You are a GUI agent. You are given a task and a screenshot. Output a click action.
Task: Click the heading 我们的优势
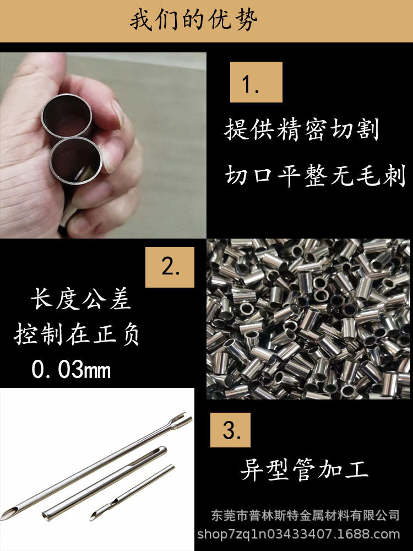point(194,21)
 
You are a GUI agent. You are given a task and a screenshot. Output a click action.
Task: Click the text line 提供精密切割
point(302,131)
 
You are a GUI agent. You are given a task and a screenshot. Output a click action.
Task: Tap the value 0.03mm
point(71,370)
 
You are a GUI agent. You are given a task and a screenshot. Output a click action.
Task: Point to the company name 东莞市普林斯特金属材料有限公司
point(306,516)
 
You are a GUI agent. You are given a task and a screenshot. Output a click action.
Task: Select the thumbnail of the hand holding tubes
point(103,145)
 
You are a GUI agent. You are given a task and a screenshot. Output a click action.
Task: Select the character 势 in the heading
point(248,21)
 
